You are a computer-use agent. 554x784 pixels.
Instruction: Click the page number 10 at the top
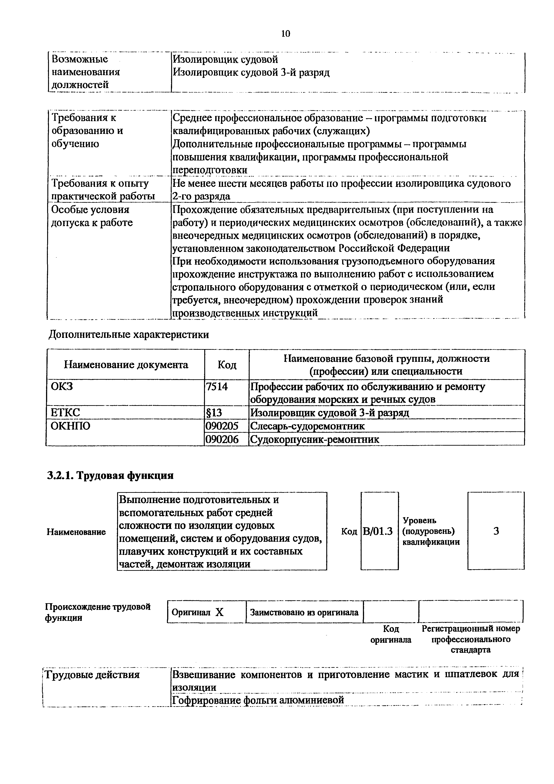[x=285, y=34]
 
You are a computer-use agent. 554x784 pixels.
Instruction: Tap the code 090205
[x=221, y=426]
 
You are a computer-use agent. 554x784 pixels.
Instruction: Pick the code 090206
[x=221, y=439]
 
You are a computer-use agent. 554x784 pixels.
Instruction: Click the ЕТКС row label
[x=65, y=413]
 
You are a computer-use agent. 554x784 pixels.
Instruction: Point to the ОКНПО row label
[x=71, y=426]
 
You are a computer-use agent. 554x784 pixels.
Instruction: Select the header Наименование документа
[x=126, y=365]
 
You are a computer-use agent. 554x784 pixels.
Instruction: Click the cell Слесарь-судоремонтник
[x=308, y=426]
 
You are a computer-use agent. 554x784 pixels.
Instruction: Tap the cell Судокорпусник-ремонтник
[x=314, y=439]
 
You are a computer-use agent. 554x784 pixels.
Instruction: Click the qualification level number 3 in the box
[x=496, y=531]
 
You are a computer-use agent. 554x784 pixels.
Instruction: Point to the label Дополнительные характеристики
[x=129, y=334]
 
